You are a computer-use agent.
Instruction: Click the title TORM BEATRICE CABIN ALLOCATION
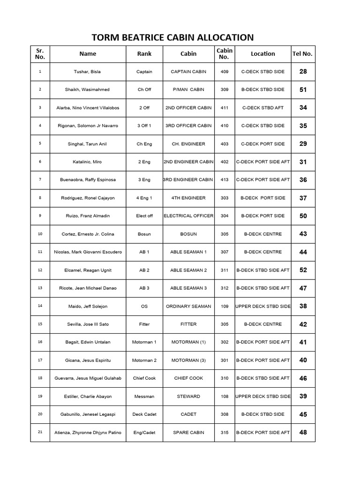coord(173,37)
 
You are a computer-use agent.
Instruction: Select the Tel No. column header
coord(302,54)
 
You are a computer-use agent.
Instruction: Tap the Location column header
coord(262,54)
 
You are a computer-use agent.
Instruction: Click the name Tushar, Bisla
coord(88,72)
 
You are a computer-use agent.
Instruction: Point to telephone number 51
coord(303,90)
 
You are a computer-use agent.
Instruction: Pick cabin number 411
coord(224,108)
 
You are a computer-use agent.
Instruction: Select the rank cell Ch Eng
coord(144,144)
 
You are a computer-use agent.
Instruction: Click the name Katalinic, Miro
coord(88,162)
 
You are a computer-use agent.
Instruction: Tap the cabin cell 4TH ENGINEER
coord(188,198)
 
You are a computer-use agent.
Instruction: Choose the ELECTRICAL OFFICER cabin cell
coord(188,216)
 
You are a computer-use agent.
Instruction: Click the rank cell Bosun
coord(144,234)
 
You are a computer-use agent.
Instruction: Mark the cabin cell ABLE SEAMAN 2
coord(188,270)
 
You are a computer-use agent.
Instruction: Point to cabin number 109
coord(224,306)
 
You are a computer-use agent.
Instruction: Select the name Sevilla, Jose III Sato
coord(88,324)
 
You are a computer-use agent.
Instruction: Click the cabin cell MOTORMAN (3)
coord(188,360)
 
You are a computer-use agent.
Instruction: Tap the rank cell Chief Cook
coord(144,378)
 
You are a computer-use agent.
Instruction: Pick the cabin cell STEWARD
coord(188,397)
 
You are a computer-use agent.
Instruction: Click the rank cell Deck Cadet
coord(144,414)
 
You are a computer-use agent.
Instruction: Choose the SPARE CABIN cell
coord(188,432)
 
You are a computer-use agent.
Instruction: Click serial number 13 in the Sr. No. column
coord(40,288)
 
